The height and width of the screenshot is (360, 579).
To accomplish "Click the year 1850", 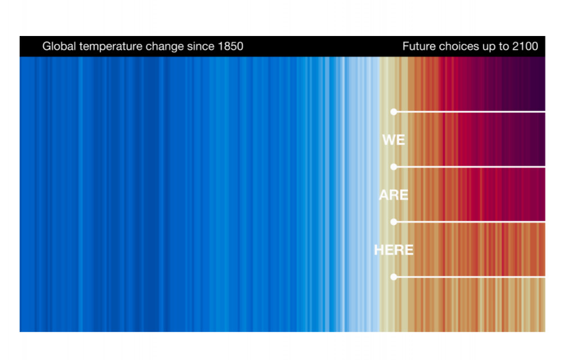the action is [x=231, y=46].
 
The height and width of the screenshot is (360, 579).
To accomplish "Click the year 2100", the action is [x=525, y=46].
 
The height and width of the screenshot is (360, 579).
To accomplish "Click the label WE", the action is [x=393, y=140].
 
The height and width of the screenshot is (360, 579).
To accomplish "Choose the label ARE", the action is [x=393, y=195].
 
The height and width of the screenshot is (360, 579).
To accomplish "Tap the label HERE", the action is [x=393, y=250].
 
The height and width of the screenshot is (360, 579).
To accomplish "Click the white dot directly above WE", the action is [x=394, y=111].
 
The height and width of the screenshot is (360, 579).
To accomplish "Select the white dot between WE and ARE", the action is [x=394, y=167].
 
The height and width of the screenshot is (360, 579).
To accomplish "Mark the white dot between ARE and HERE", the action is [x=394, y=222].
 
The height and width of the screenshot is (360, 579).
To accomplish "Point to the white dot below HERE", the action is [x=394, y=277].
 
